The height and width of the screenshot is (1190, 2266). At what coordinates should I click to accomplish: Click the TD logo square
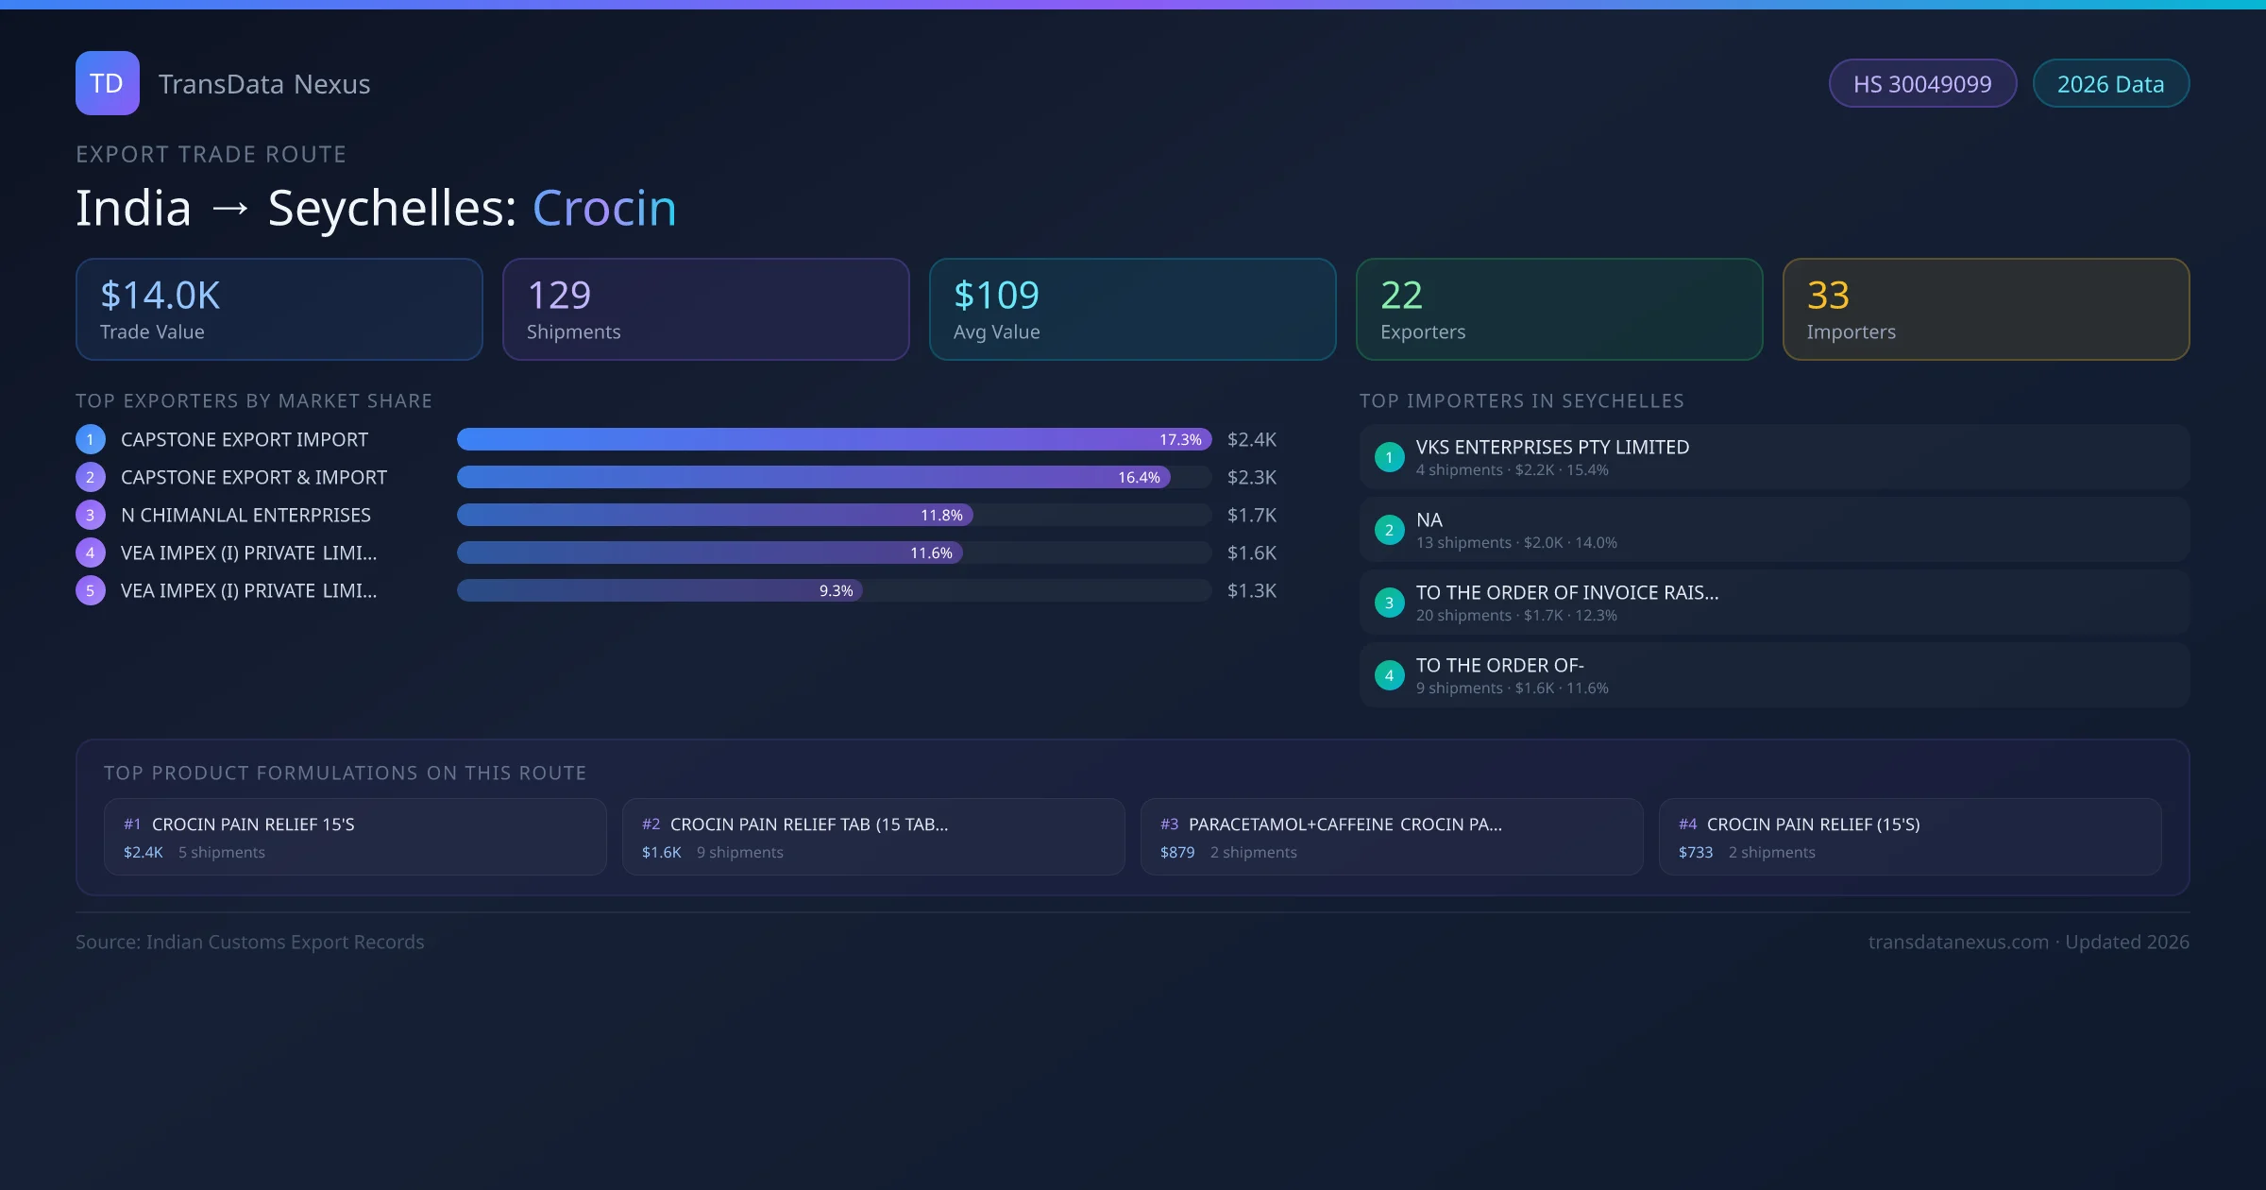[107, 83]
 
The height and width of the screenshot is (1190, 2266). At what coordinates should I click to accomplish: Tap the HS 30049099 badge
[1921, 84]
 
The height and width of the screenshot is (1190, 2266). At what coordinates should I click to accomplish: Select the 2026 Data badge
[2110, 84]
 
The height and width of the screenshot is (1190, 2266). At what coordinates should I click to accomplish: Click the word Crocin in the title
[604, 208]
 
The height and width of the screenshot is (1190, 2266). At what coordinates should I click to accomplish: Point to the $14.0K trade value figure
[161, 296]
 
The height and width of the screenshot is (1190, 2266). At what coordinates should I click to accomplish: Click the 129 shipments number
[559, 296]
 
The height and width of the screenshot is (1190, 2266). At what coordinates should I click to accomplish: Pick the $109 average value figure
[996, 296]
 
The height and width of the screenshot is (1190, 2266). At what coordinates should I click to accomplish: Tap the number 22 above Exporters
[1401, 296]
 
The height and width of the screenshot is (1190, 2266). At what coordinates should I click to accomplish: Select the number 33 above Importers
[1828, 296]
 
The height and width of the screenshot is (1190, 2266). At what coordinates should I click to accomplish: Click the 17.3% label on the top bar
[1180, 440]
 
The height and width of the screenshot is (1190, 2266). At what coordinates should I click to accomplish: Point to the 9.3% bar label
[836, 591]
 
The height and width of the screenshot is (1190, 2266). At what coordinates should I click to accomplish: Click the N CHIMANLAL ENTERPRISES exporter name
[245, 516]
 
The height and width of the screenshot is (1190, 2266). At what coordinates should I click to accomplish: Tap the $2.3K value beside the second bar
[1251, 478]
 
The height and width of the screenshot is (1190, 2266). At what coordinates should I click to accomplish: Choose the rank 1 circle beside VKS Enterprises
[1389, 457]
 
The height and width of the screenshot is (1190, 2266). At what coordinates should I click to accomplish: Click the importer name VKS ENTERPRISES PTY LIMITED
[1552, 448]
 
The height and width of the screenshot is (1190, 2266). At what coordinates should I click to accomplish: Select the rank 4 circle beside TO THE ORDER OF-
[1389, 675]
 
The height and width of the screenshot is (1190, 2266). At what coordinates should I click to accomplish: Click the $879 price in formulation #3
[1177, 853]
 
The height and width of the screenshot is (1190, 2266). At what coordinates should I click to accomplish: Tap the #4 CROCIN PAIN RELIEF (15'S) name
[1813, 824]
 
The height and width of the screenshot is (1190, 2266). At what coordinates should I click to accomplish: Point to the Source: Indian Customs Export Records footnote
[250, 943]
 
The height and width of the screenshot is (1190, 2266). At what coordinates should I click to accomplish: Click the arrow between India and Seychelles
[230, 210]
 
